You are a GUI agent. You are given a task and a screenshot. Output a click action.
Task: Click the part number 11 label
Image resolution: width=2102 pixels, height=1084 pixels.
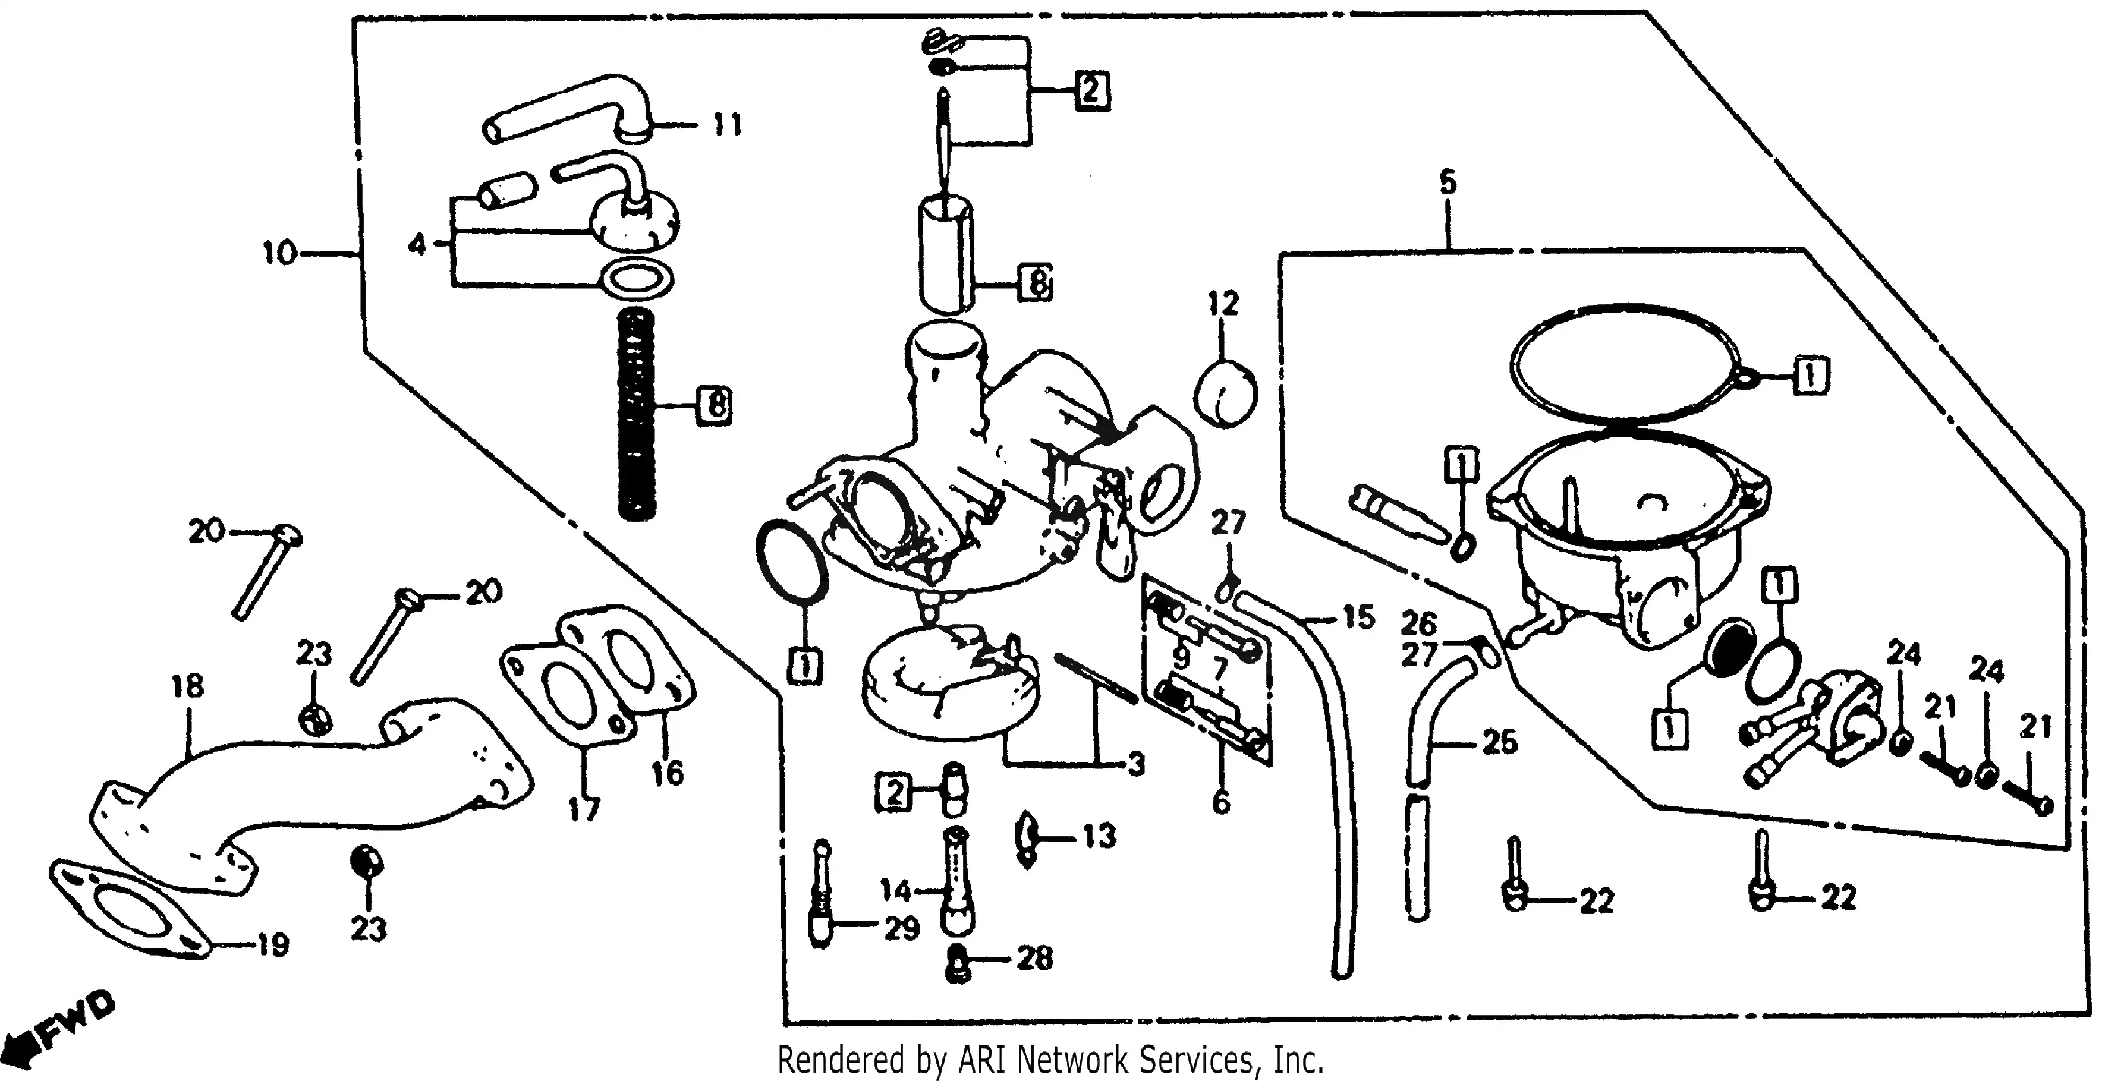click(x=726, y=125)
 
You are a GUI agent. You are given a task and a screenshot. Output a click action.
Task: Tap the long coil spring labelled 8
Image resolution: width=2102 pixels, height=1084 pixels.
click(x=637, y=416)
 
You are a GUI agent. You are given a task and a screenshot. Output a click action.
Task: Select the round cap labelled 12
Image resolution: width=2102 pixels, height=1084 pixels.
click(x=1225, y=393)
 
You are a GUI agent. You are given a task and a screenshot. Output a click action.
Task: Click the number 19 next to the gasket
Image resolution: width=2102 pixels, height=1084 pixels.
click(x=272, y=946)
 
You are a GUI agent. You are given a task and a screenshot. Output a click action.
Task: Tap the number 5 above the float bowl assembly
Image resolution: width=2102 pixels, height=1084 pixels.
click(x=1448, y=182)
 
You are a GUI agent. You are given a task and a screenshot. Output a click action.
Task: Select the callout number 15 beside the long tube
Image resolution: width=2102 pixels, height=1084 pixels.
click(x=1358, y=617)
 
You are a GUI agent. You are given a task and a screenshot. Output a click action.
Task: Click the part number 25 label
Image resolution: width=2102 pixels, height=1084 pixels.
click(x=1499, y=742)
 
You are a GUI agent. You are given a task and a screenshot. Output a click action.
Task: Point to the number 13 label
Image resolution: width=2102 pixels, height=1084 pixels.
click(x=1099, y=836)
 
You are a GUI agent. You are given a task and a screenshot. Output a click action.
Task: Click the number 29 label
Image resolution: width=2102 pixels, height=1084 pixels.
click(x=902, y=928)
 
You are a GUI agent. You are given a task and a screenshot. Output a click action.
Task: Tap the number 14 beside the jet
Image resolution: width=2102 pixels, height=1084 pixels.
click(x=896, y=890)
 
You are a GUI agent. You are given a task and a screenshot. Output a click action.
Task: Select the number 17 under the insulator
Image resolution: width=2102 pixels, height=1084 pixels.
click(x=584, y=810)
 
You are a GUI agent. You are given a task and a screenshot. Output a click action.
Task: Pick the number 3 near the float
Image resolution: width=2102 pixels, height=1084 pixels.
click(x=1134, y=764)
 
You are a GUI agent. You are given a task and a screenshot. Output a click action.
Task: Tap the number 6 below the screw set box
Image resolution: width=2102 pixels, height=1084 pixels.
click(x=1221, y=803)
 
